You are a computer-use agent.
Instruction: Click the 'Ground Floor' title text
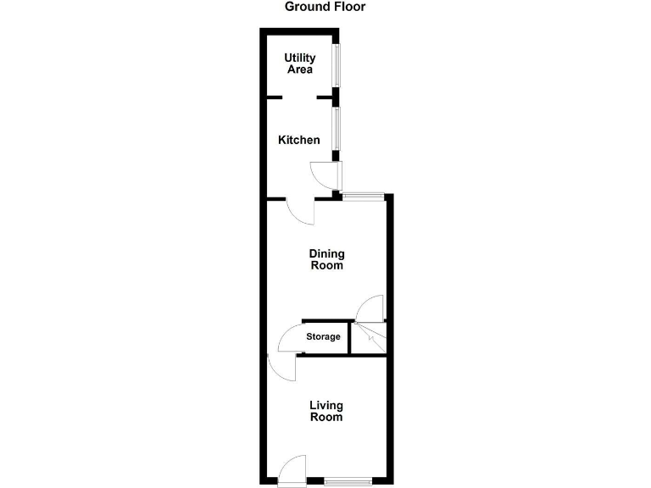[x=325, y=7]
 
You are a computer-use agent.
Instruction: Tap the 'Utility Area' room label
[x=299, y=64]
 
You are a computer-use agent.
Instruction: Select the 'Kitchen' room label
[x=299, y=140]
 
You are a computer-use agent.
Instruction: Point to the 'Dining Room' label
[x=326, y=259]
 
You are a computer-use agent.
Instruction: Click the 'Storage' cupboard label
[x=323, y=337]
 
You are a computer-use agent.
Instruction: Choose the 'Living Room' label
[x=325, y=412]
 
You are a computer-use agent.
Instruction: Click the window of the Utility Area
[x=337, y=64]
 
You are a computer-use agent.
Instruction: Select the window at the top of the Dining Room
[x=363, y=197]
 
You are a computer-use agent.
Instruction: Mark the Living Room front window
[x=348, y=482]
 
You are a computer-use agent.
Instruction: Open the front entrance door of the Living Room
[x=292, y=469]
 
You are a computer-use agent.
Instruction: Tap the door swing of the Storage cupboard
[x=291, y=338]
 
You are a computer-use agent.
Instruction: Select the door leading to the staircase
[x=370, y=308]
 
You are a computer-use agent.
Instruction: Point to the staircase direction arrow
[x=369, y=336]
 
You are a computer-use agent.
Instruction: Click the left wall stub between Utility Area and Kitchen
[x=275, y=98]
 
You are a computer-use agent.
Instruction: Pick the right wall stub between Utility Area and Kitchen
[x=324, y=98]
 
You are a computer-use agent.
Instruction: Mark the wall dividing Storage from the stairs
[x=351, y=338]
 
